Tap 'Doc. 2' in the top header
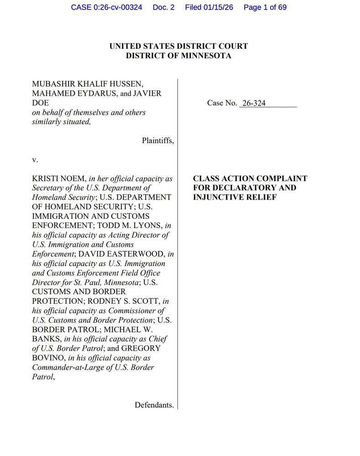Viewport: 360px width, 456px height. click(x=164, y=7)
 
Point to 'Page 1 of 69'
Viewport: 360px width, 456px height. click(x=265, y=7)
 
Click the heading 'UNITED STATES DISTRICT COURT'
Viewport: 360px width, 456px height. click(x=178, y=46)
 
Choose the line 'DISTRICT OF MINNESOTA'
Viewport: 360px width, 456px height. click(x=178, y=56)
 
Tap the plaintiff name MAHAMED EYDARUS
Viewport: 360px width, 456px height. click(x=68, y=93)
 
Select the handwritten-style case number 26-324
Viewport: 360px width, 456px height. click(x=254, y=103)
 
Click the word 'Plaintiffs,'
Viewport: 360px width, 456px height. click(x=157, y=140)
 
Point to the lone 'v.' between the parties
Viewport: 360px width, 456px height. click(x=35, y=160)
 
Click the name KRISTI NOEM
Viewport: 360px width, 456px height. click(x=58, y=179)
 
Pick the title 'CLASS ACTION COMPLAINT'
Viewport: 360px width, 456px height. click(x=250, y=179)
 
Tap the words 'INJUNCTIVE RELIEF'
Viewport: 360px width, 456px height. click(x=235, y=197)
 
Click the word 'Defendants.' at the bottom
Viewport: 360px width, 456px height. click(x=154, y=405)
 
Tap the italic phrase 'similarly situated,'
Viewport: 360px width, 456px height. click(x=61, y=122)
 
